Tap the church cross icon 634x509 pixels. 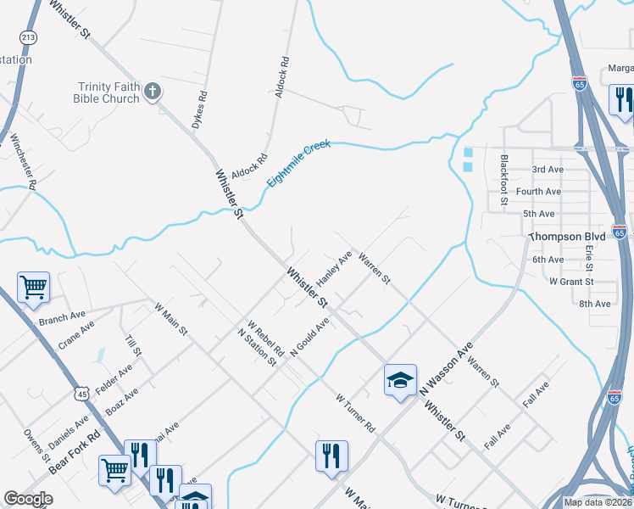click(153, 92)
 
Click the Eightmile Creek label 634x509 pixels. click(298, 164)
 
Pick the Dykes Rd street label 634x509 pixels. click(201, 107)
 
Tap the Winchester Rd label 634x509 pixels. click(22, 160)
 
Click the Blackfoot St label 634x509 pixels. click(503, 181)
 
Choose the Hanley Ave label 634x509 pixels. click(334, 268)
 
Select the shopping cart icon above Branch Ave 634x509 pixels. click(33, 288)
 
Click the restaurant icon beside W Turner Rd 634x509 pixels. click(331, 455)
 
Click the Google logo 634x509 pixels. click(28, 499)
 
